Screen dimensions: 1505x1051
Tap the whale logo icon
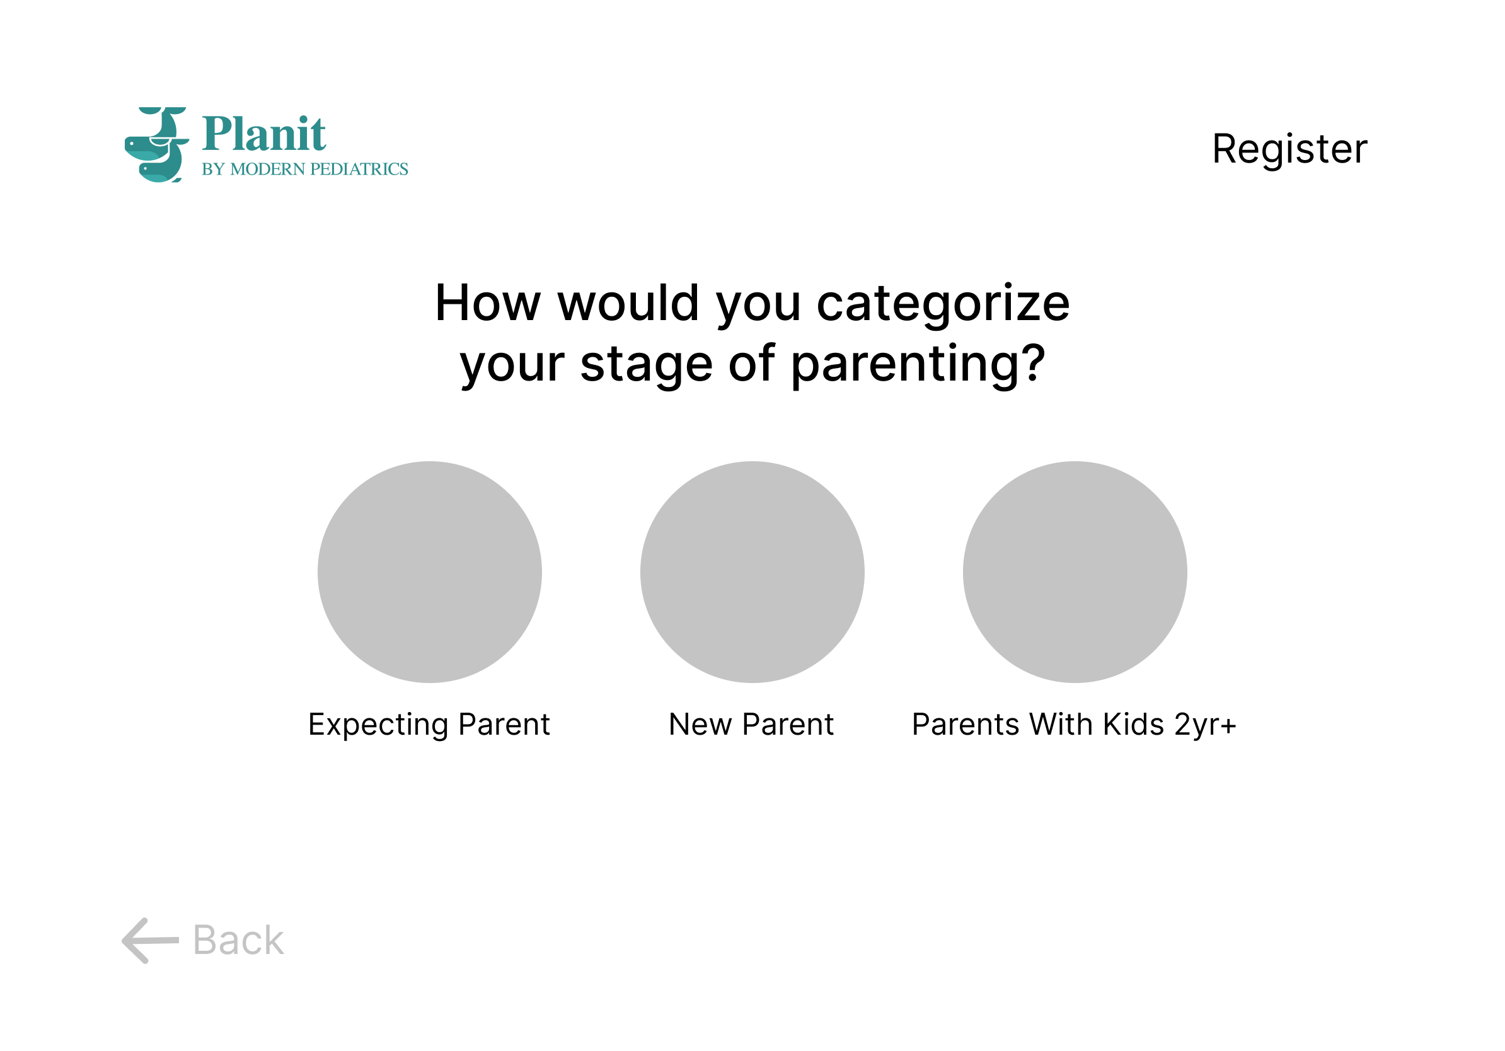pos(157,144)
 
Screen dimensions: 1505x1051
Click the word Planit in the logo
pos(263,134)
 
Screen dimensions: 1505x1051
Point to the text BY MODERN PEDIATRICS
pos(305,169)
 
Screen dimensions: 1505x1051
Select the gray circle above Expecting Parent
pos(429,572)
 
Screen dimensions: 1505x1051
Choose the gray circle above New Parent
pos(752,572)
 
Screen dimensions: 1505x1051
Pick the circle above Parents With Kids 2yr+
pos(1075,572)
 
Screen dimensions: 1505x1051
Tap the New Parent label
pos(751,725)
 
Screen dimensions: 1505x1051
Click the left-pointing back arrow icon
pos(150,940)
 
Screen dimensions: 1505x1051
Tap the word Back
pos(239,940)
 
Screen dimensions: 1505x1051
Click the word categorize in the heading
pos(943,306)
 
